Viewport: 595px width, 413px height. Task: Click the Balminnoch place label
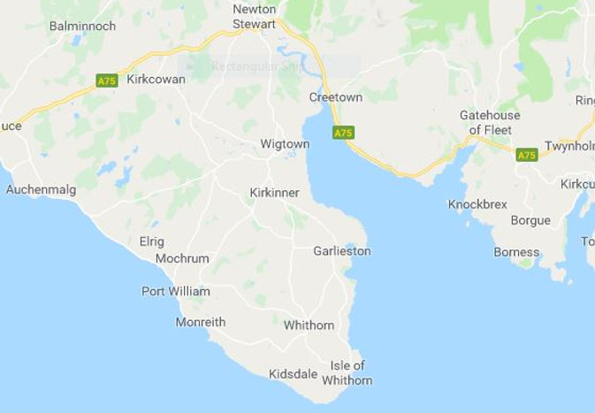pyautogui.click(x=82, y=26)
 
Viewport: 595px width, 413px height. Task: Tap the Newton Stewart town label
pyautogui.click(x=255, y=17)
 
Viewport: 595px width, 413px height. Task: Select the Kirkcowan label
pyautogui.click(x=156, y=79)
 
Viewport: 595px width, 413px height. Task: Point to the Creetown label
pyautogui.click(x=332, y=96)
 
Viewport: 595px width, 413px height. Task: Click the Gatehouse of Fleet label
pyautogui.click(x=490, y=122)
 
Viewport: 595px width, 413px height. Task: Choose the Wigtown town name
pyautogui.click(x=285, y=143)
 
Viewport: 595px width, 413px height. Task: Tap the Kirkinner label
pyautogui.click(x=274, y=192)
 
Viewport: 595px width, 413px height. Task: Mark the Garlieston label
pyautogui.click(x=341, y=251)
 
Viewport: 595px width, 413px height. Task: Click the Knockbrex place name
pyautogui.click(x=477, y=204)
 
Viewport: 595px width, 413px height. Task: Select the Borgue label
pyautogui.click(x=530, y=220)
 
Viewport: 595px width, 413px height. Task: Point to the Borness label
pyautogui.click(x=516, y=252)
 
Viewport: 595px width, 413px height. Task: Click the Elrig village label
pyautogui.click(x=151, y=241)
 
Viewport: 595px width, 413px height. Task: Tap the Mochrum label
pyautogui.click(x=182, y=259)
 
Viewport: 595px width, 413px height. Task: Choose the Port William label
pyautogui.click(x=176, y=291)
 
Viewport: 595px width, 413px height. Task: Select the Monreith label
pyautogui.click(x=201, y=322)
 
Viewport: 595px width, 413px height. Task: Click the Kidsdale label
pyautogui.click(x=293, y=374)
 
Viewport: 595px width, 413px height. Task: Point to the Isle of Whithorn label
pyautogui.click(x=347, y=372)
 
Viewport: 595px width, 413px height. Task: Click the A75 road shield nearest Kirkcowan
pyautogui.click(x=107, y=80)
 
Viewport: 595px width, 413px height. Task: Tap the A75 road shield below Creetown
pyautogui.click(x=343, y=133)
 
